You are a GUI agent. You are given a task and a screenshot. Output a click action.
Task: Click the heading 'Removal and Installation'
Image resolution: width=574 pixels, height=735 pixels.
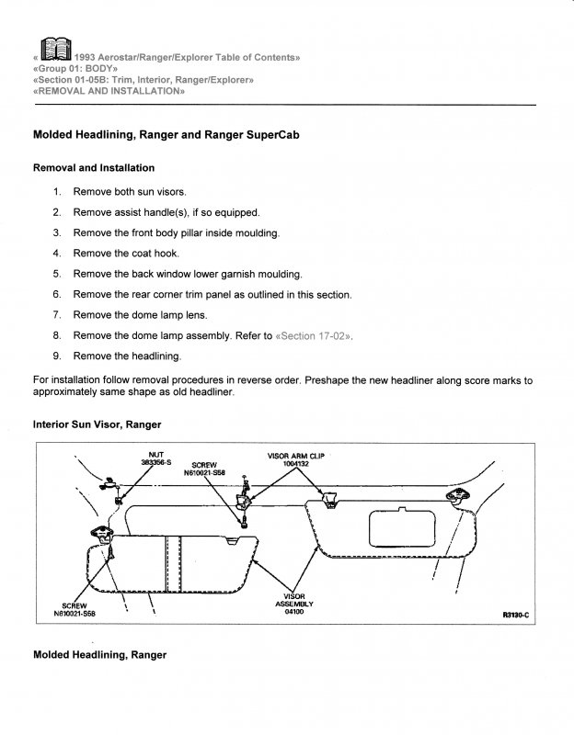point(93,168)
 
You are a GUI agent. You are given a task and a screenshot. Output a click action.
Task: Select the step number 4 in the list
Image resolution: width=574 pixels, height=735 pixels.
point(56,253)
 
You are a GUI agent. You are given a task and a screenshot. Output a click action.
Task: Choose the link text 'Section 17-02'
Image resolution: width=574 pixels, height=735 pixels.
point(314,335)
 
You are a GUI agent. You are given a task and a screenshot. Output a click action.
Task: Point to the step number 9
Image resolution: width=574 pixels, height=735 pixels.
point(56,356)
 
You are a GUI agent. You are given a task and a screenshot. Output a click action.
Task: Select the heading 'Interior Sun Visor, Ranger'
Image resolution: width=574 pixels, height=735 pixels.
point(97,424)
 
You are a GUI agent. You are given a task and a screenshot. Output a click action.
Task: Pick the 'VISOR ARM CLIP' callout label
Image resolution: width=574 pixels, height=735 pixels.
point(295,456)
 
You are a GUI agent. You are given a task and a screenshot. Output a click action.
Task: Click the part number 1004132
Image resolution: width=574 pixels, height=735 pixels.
point(295,464)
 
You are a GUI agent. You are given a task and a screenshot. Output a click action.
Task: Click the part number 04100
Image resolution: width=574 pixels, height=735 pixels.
point(295,612)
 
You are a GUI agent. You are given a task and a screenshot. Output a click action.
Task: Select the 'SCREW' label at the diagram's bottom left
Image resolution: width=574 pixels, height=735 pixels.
point(75,605)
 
